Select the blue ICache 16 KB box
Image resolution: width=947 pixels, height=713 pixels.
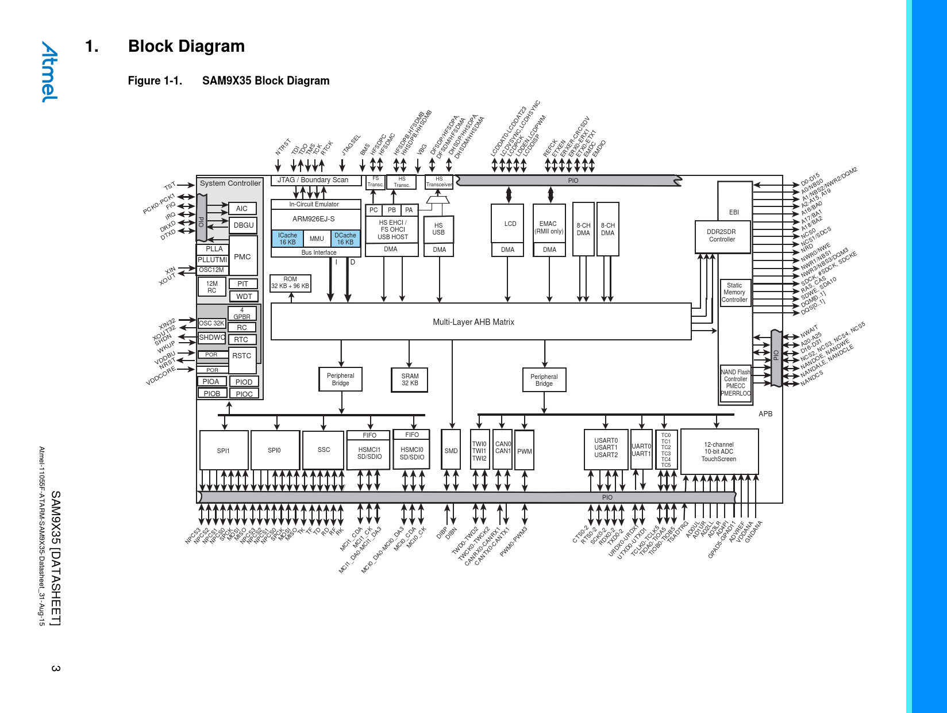coord(287,239)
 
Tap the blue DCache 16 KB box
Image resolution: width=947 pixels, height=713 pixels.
coord(345,239)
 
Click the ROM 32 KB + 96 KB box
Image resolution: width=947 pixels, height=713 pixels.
coord(290,283)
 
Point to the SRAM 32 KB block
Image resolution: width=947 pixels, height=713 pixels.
coord(410,379)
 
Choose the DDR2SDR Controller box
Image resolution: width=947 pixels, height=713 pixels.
coord(722,236)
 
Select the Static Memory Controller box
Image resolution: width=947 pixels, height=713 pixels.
coord(735,293)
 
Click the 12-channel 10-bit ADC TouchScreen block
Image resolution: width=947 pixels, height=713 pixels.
coord(719,452)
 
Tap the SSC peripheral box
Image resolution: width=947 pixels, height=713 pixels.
coord(324,450)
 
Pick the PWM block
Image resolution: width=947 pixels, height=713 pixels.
coord(524,451)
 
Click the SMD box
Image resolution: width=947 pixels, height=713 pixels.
coord(451,451)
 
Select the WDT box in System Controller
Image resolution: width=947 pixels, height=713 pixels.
coord(244,296)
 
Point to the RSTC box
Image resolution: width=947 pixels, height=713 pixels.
coord(242,356)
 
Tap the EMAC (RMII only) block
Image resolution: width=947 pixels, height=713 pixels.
coord(549,228)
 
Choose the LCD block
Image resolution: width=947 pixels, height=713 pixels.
coord(510,224)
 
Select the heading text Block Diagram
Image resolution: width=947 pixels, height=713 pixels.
coord(186,46)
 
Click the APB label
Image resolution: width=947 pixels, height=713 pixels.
coord(765,414)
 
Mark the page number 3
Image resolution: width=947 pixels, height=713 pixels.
coord(56,668)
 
